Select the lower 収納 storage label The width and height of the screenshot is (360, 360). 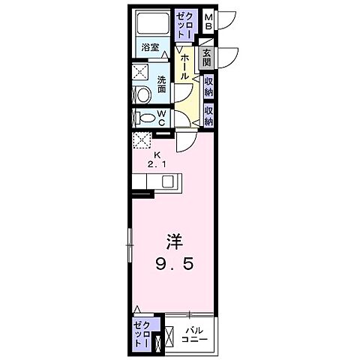(208, 114)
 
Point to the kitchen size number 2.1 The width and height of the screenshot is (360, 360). (155, 162)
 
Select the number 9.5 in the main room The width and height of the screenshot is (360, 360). (175, 264)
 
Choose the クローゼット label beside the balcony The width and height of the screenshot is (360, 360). (142, 331)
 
